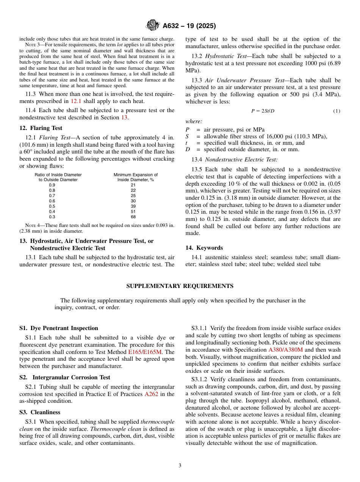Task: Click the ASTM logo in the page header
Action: [153, 26]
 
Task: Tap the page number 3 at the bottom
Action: [180, 465]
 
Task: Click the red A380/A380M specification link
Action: [285, 349]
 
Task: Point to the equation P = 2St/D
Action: [263, 111]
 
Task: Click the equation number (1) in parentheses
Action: [337, 111]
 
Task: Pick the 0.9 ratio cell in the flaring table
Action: [52, 185]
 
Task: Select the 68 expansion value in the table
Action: [133, 217]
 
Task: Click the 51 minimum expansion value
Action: [133, 211]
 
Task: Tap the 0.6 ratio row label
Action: [52, 201]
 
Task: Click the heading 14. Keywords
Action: [204, 248]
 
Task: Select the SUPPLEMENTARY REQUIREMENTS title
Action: [180, 286]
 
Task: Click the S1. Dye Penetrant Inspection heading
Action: [59, 328]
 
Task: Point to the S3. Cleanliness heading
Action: [40, 412]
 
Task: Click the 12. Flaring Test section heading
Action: [41, 128]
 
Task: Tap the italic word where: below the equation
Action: [194, 122]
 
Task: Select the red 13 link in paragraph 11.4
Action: [124, 117]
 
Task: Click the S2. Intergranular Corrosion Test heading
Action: [65, 377]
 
